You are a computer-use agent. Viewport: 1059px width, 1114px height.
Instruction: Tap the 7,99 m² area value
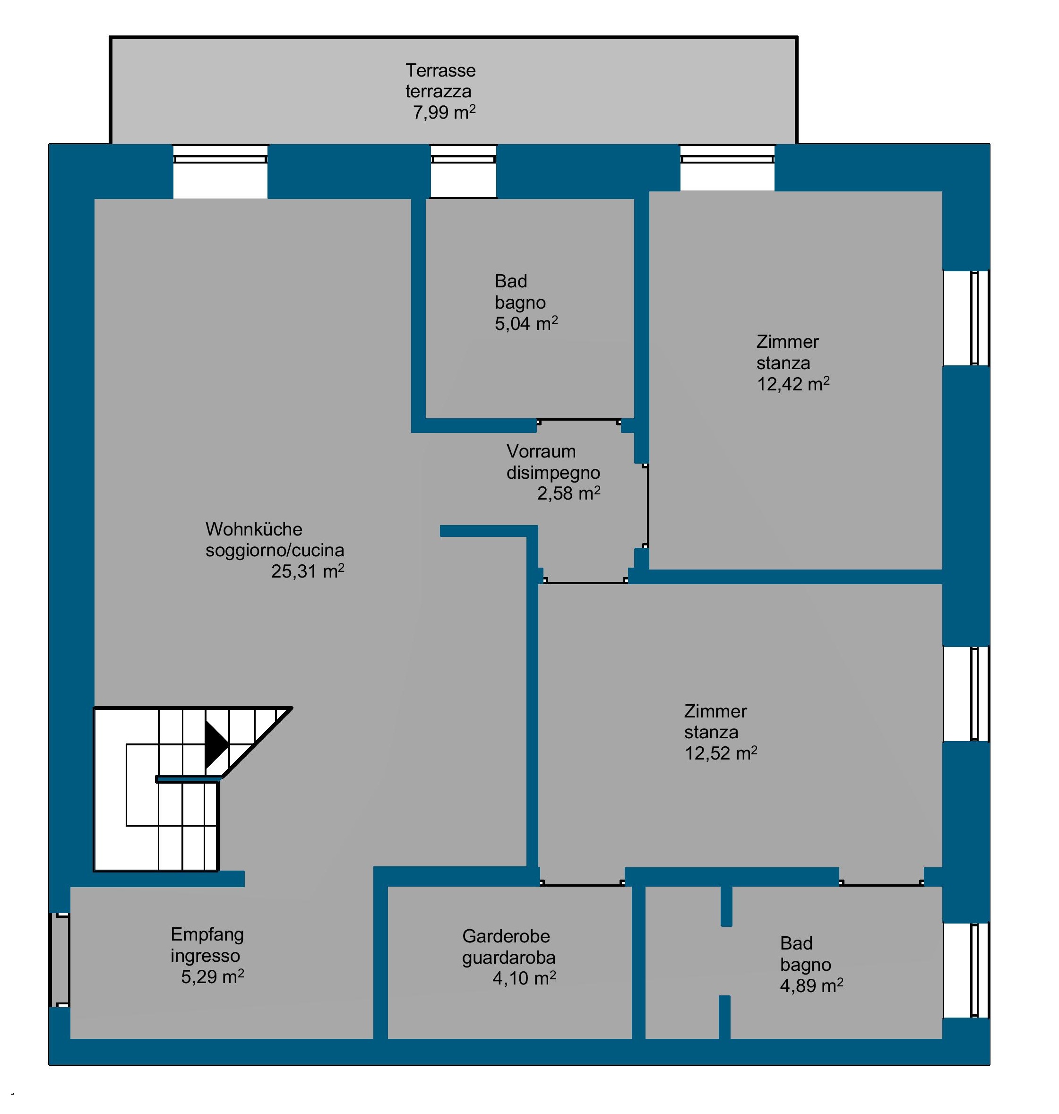coord(444,112)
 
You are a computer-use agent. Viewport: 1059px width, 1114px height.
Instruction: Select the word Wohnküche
coord(254,530)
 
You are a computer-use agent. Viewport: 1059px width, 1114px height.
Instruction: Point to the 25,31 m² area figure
coord(308,571)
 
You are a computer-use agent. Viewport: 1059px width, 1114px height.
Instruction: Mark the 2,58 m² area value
coord(568,493)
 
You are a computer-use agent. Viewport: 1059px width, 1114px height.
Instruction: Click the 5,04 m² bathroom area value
coord(526,324)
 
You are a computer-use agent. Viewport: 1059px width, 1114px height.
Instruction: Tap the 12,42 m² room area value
coord(793,384)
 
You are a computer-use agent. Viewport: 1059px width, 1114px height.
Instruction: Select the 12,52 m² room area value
coord(721,753)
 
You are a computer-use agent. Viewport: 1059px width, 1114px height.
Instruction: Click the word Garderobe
coord(506,937)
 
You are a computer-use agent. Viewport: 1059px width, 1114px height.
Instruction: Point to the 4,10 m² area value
coord(524,978)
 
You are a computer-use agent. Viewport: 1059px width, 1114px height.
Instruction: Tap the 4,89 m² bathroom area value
coord(812,985)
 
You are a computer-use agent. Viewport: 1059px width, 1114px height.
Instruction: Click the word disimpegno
coord(553,473)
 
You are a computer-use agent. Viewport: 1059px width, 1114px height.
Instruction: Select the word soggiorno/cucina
coord(275,551)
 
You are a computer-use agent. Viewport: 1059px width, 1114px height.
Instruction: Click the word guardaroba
coord(508,958)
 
